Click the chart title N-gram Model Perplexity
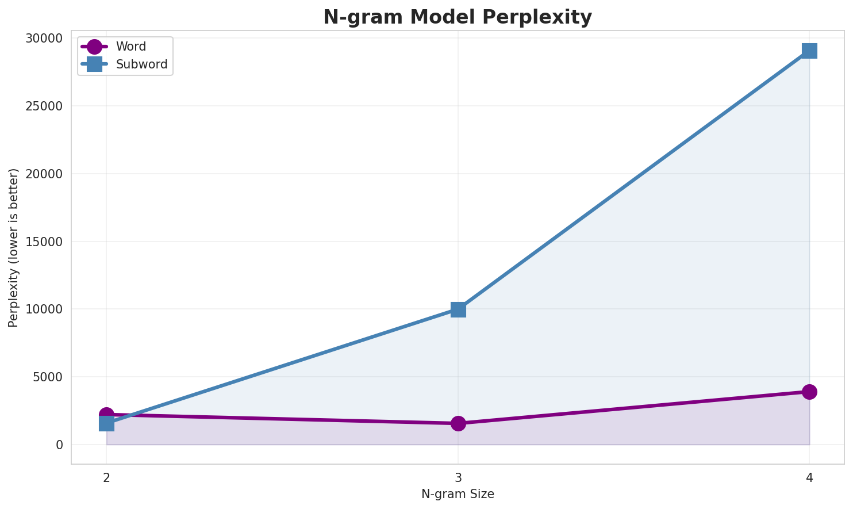(x=457, y=17)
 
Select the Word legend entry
(x=130, y=47)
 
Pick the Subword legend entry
(x=141, y=64)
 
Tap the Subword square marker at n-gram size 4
(x=809, y=51)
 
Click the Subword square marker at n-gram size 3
(x=458, y=309)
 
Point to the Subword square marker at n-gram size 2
(x=106, y=424)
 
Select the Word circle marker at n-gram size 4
(x=809, y=392)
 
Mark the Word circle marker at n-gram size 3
(x=458, y=423)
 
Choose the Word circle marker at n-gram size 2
(x=106, y=414)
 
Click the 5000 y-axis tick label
(x=50, y=377)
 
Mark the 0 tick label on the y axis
(x=59, y=445)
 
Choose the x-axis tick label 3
(x=458, y=477)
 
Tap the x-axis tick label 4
(x=809, y=477)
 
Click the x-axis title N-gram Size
(x=458, y=494)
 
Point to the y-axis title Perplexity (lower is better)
(x=14, y=247)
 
